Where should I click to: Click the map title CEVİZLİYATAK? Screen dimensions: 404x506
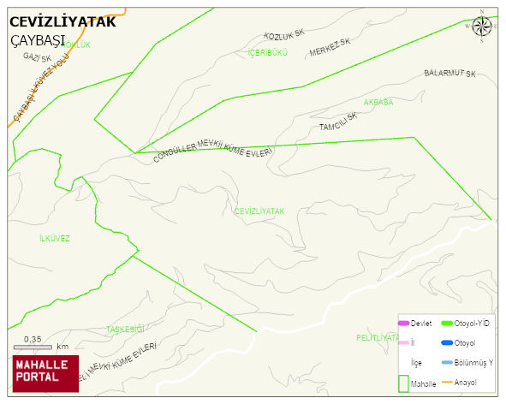point(62,22)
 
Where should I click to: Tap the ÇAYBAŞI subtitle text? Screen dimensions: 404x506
point(38,40)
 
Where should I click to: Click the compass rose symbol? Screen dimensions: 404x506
point(482,26)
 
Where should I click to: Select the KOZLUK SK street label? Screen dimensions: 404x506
point(284,35)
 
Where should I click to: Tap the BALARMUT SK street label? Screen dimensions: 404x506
point(449,74)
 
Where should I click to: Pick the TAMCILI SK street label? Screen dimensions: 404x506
point(337,122)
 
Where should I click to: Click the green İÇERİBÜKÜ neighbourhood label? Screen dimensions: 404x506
point(267,53)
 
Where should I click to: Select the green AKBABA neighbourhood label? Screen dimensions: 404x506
point(378,102)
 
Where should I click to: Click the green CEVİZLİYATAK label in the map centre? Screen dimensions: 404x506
point(259,211)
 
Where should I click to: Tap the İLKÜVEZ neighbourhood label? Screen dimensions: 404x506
point(55,238)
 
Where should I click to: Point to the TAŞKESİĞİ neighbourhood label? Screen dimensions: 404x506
point(126,330)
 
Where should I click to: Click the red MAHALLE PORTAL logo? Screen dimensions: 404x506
point(45,372)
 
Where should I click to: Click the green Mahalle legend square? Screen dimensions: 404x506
point(403,384)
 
